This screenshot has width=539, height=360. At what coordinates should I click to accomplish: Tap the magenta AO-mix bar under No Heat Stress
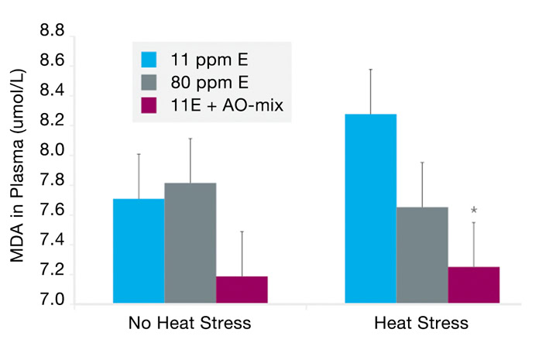pos(242,289)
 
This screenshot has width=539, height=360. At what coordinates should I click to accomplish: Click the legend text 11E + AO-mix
pos(230,105)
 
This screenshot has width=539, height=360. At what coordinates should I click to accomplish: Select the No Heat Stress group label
pos(190,324)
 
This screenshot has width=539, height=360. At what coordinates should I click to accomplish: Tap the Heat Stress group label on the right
pos(422,324)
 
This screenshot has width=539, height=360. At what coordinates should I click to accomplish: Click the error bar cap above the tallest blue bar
pos(371,69)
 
